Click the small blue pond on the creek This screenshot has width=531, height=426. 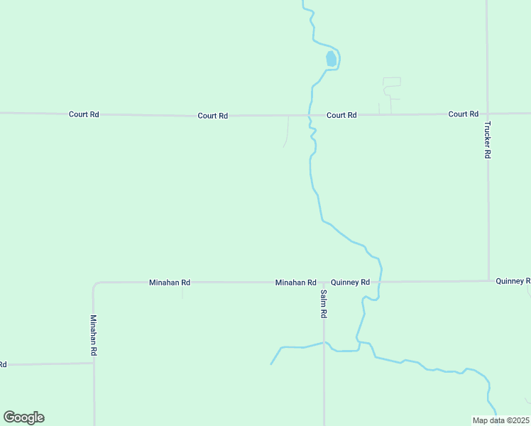point(331,59)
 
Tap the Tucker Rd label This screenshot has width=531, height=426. point(488,139)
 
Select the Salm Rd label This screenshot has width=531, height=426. point(324,303)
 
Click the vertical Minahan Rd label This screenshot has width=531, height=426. point(93,335)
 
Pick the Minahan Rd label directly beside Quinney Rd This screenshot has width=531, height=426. point(295,283)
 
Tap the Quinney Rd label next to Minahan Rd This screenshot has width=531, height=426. point(351,282)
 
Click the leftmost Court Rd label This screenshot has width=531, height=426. point(84,114)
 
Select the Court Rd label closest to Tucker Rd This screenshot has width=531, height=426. point(464,114)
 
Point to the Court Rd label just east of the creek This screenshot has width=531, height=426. point(341,115)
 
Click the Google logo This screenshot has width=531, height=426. point(23,417)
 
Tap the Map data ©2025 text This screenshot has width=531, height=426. point(501,420)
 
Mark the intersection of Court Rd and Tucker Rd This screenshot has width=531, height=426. point(487,114)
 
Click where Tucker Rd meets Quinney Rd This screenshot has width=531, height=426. point(488,281)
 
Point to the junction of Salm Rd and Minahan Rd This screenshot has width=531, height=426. point(324,283)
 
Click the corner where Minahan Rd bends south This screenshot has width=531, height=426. point(95,285)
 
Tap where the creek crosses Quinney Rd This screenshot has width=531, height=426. point(380,282)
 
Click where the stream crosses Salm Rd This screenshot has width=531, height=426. point(324,343)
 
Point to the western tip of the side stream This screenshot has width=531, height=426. point(271,364)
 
